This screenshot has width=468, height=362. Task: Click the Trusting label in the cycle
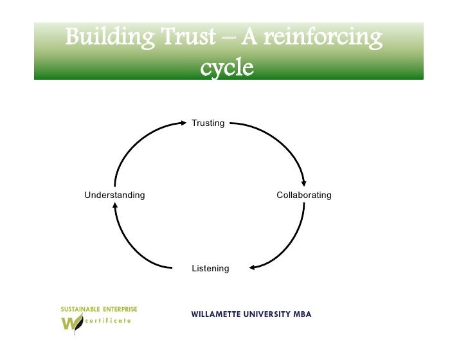[x=208, y=123]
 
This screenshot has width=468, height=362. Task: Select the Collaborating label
[x=304, y=195]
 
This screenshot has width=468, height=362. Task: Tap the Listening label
[x=210, y=268]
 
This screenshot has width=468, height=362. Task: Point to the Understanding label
[x=114, y=195]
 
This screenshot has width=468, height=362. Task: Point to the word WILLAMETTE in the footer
[x=217, y=315]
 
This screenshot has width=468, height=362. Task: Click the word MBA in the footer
[x=302, y=315]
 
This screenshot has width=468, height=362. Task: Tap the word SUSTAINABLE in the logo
[x=81, y=309]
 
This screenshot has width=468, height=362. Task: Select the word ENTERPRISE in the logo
[x=120, y=309]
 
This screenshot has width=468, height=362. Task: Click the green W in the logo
[x=69, y=323]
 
